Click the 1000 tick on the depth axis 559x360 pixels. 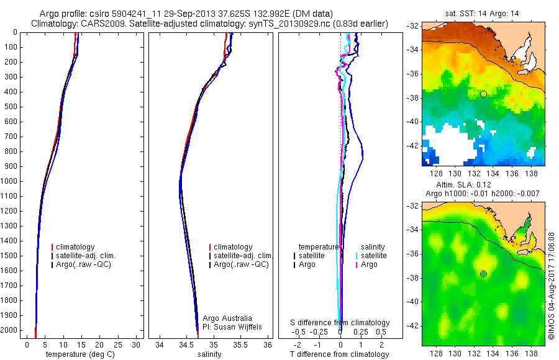tap(10, 181)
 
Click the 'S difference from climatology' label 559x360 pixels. tap(340, 323)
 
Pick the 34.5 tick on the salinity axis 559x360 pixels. tap(186, 344)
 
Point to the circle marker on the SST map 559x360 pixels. tap(483, 94)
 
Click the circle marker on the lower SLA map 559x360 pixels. tap(483, 274)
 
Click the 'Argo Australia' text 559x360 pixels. tap(227, 318)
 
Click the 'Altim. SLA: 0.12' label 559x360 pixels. tap(472, 185)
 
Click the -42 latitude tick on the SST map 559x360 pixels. tap(413, 146)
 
